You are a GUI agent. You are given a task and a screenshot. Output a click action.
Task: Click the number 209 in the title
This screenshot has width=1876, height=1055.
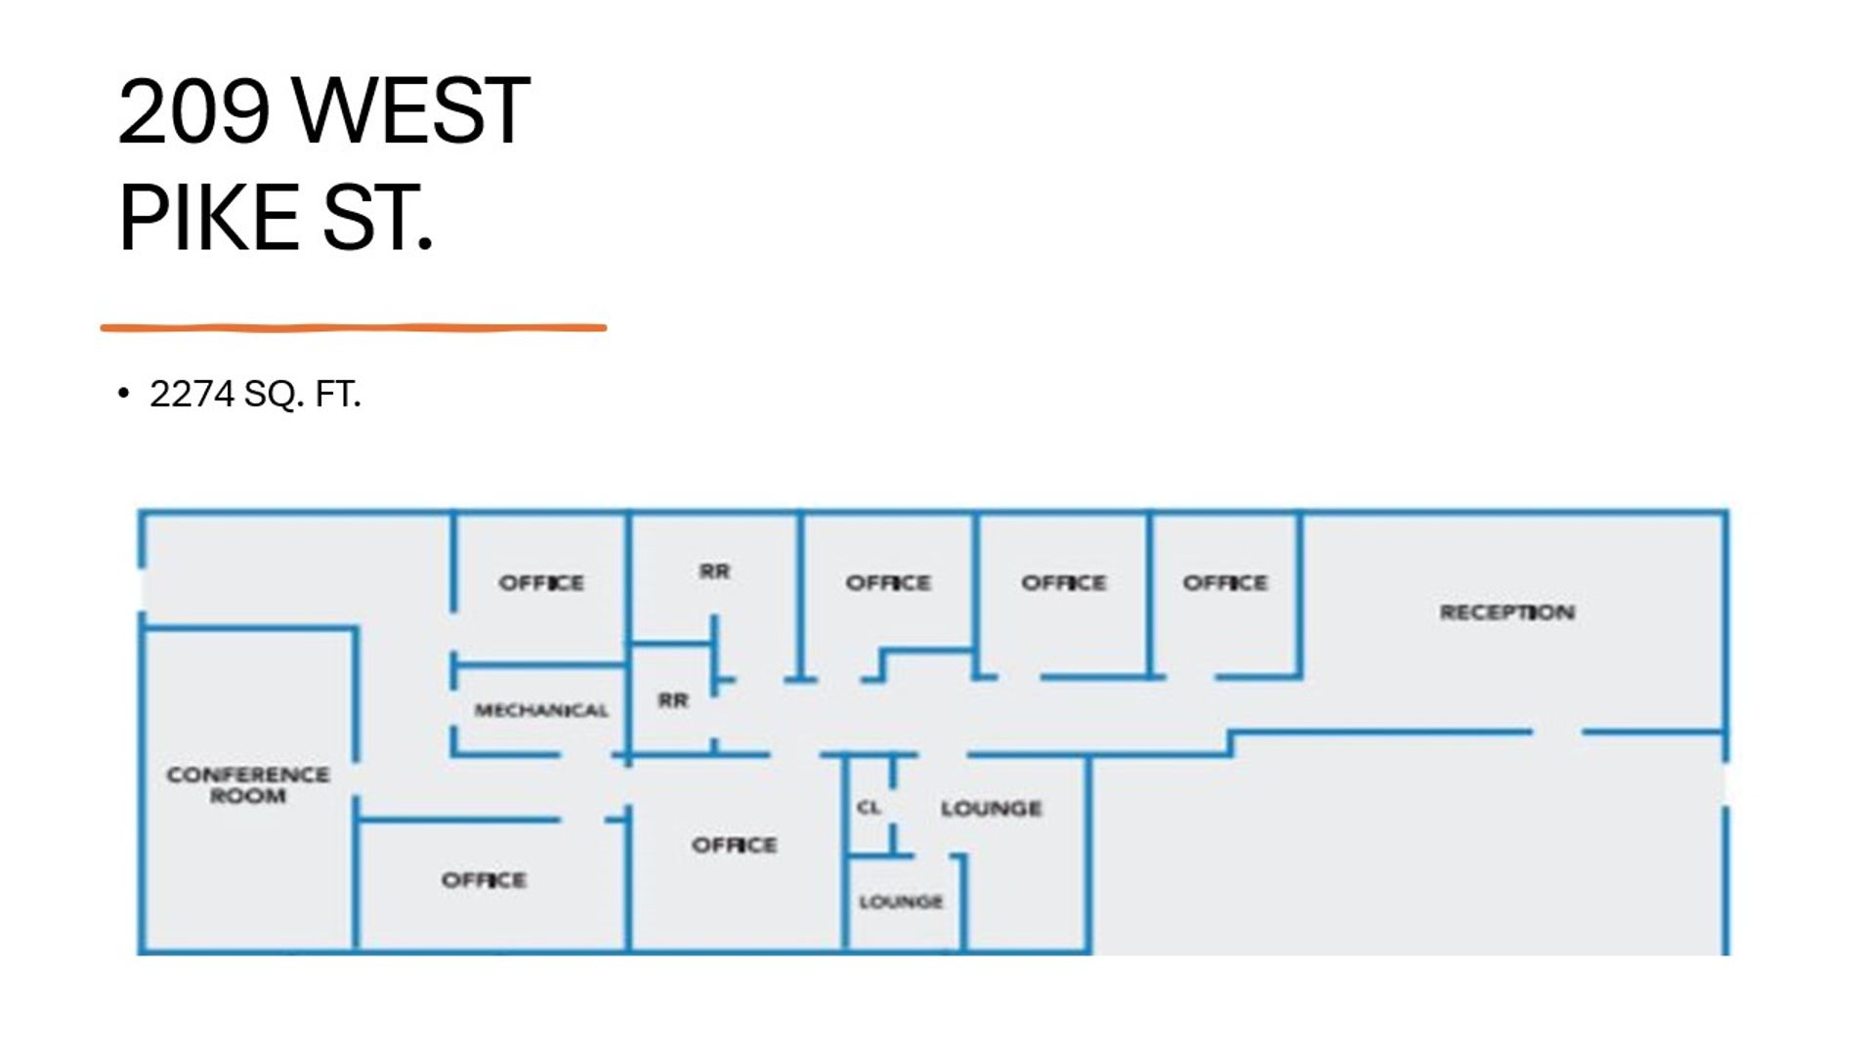click(x=193, y=110)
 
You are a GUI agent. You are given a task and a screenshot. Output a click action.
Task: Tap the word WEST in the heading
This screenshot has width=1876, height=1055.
click(x=411, y=110)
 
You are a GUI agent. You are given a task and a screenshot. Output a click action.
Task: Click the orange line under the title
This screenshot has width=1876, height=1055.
click(x=353, y=328)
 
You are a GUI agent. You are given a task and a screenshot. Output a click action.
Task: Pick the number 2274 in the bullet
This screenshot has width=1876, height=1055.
click(x=192, y=394)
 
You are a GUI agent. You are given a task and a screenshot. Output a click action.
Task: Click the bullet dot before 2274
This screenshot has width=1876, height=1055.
click(x=123, y=394)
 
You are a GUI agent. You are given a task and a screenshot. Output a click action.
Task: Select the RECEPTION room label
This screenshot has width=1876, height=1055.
click(x=1507, y=612)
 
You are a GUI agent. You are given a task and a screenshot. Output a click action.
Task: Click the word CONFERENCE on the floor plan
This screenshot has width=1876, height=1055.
click(x=248, y=775)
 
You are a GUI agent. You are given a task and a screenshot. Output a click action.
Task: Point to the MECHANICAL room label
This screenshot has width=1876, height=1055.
click(x=541, y=710)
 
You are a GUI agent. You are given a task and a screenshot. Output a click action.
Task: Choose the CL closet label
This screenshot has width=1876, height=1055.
click(x=869, y=807)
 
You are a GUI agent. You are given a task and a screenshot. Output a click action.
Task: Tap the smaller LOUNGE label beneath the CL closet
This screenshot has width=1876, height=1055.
click(x=901, y=902)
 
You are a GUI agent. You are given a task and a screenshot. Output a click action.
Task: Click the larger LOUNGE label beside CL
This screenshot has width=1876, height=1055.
click(x=991, y=808)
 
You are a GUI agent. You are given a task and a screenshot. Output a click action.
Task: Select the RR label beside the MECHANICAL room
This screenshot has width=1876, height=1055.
click(x=672, y=700)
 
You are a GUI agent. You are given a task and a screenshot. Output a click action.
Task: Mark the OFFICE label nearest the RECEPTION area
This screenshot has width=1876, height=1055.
click(x=1225, y=583)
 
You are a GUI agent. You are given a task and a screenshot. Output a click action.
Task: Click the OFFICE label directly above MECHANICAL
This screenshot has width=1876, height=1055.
click(x=541, y=583)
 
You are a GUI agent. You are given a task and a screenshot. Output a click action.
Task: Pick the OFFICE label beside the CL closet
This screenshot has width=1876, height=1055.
click(x=735, y=845)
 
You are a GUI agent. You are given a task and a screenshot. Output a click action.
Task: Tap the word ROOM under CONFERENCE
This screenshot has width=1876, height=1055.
click(x=248, y=796)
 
